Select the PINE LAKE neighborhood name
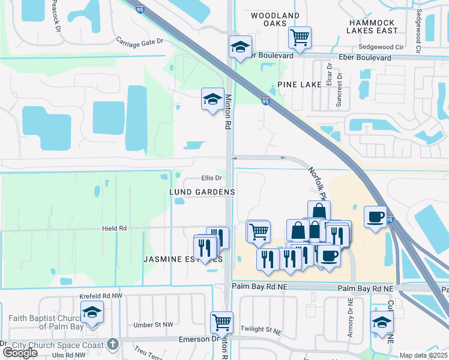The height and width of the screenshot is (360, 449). pyautogui.click(x=300, y=85)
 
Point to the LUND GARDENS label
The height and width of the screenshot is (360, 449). pyautogui.click(x=202, y=191)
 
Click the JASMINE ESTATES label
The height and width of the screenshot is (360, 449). pyautogui.click(x=182, y=259)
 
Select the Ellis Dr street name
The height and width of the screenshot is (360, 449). pyautogui.click(x=211, y=178)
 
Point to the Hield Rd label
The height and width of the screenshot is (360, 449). pyautogui.click(x=114, y=229)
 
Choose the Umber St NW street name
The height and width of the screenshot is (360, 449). pyautogui.click(x=153, y=325)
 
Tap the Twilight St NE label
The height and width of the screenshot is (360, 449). pyautogui.click(x=261, y=330)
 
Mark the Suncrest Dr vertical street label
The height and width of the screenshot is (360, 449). pyautogui.click(x=339, y=91)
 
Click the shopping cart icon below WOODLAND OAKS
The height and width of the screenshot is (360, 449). pyautogui.click(x=300, y=37)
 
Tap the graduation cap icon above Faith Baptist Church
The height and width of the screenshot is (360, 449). pyautogui.click(x=92, y=312)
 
